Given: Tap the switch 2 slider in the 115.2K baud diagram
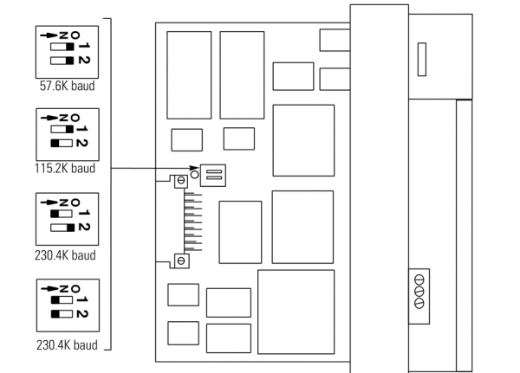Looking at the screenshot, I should [61, 141].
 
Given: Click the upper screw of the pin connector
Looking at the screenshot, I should [180, 181].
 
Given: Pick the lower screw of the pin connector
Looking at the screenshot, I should [180, 260].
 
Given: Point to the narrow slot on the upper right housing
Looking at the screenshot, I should [422, 60].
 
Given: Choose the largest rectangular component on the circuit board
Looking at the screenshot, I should [296, 311].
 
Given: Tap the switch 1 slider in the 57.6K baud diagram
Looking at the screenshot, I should [61, 45].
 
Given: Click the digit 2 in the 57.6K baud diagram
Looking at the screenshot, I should [84, 60].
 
